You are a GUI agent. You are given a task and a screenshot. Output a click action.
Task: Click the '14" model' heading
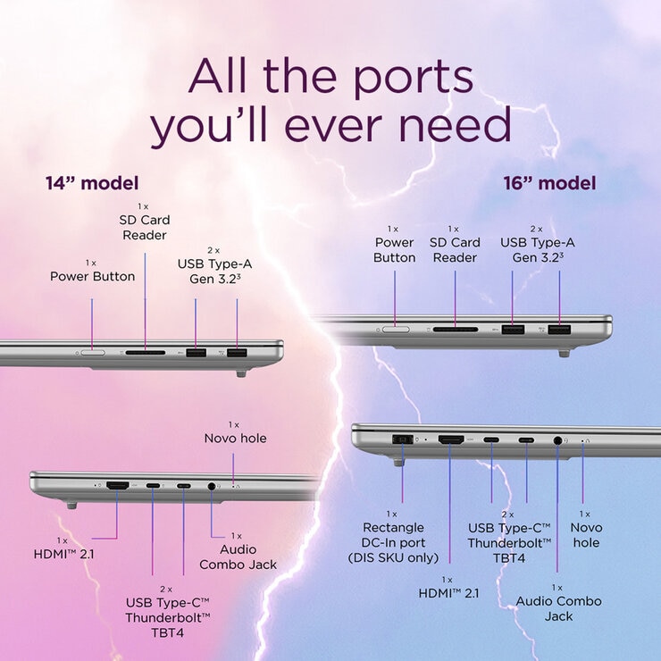(x=92, y=183)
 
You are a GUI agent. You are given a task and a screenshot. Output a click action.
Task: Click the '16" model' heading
(x=549, y=183)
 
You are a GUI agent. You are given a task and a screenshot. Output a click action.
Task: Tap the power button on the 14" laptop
(x=93, y=353)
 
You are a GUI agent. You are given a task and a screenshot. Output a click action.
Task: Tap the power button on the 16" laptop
(x=396, y=330)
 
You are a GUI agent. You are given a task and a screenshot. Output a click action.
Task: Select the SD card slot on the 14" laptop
(x=146, y=353)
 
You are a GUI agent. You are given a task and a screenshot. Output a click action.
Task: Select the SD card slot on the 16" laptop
(x=456, y=330)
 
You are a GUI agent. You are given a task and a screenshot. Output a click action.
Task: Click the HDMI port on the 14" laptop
(x=118, y=486)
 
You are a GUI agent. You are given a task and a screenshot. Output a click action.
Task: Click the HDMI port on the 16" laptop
(x=451, y=439)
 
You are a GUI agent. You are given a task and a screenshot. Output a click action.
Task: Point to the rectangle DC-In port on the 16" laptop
(x=403, y=439)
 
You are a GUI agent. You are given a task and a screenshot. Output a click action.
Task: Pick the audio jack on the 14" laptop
(x=212, y=486)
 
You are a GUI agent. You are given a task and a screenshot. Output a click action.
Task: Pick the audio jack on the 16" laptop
(x=557, y=440)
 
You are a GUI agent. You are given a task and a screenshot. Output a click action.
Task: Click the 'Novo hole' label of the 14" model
(x=235, y=439)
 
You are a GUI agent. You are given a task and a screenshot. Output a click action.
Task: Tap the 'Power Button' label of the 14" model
(x=92, y=277)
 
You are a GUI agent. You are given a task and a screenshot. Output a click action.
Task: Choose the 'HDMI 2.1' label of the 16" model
(x=448, y=593)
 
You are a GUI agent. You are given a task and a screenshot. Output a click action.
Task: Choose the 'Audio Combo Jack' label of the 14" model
(x=238, y=556)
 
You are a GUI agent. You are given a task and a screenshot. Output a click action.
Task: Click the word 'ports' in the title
(x=414, y=77)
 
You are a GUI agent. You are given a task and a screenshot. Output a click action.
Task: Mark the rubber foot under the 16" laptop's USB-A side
(x=564, y=353)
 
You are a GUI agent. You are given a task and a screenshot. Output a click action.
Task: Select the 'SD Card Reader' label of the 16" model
(x=455, y=250)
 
